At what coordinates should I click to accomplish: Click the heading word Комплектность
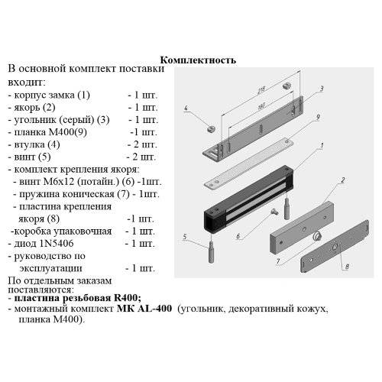tap(199, 60)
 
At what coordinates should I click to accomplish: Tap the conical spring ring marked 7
tap(313, 235)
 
